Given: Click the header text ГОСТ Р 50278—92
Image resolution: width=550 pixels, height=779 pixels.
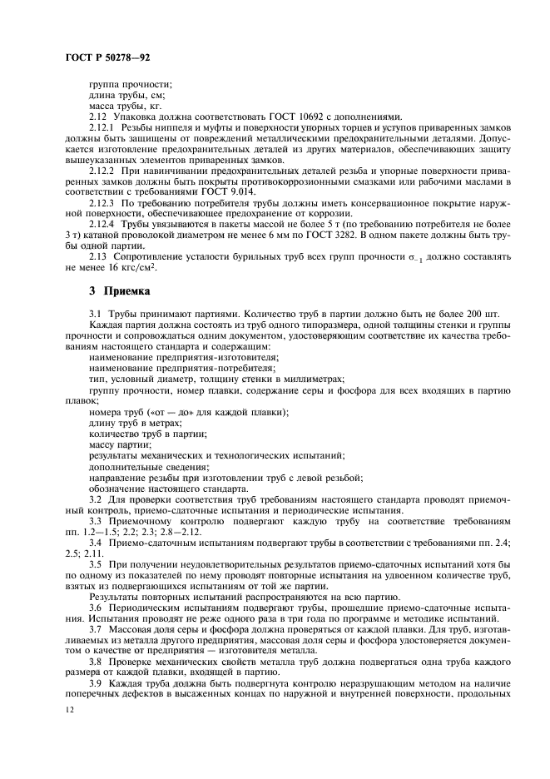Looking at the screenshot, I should click(x=107, y=57).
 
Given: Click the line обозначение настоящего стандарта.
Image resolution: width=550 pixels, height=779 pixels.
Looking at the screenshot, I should click(x=167, y=488).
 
